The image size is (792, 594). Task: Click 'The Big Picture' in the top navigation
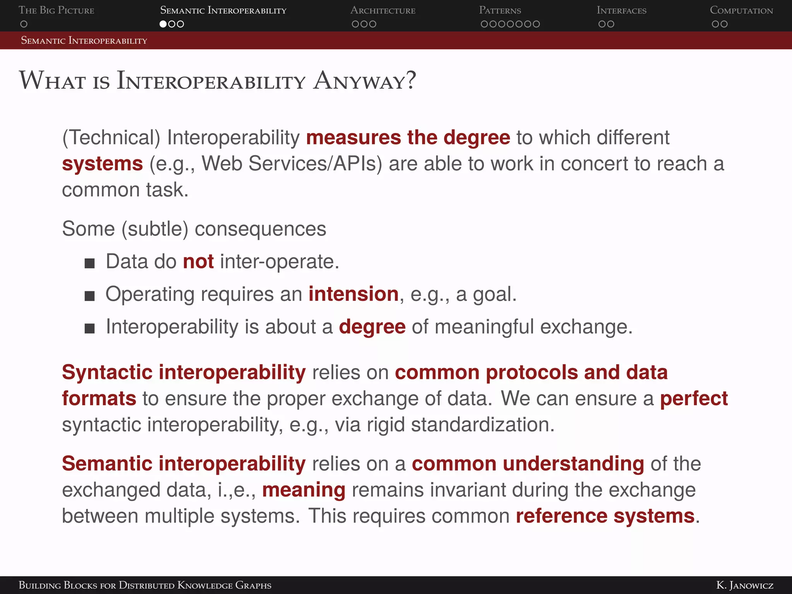(56, 10)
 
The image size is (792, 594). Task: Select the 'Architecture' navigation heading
(382, 10)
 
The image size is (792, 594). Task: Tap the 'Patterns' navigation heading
(500, 10)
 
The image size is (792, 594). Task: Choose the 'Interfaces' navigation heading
(621, 10)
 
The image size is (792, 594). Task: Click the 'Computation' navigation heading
(741, 10)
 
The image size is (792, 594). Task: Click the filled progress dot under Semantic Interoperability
(163, 24)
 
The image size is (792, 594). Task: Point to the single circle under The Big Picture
(24, 24)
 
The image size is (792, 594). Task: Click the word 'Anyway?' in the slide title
(364, 81)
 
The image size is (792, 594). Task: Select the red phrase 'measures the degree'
(408, 138)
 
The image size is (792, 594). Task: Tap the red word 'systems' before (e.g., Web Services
(102, 164)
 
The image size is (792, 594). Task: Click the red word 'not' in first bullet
(198, 261)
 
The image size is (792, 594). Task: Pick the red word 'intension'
(353, 294)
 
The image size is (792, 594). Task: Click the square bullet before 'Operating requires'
(90, 296)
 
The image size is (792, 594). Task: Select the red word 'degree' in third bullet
(372, 327)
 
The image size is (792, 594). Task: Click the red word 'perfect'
(693, 398)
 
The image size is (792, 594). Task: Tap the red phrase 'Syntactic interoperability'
(184, 372)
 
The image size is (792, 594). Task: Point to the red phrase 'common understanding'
(527, 464)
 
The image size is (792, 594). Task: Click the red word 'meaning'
(304, 490)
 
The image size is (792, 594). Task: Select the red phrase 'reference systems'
(605, 516)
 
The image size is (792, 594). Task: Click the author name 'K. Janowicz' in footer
(744, 585)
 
